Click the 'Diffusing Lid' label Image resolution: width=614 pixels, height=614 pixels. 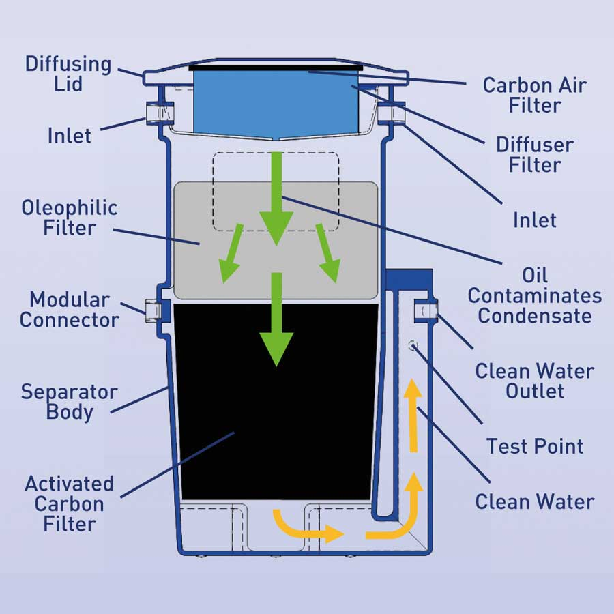(x=68, y=74)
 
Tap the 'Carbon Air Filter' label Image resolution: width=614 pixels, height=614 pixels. (x=535, y=95)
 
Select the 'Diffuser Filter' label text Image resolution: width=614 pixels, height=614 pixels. (x=534, y=154)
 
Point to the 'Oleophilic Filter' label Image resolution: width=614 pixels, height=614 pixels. (x=70, y=217)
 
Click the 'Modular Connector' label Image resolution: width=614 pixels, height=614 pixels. (x=70, y=309)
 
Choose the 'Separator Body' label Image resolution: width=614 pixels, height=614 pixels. (x=69, y=402)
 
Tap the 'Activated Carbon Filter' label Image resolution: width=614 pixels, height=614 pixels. (x=69, y=503)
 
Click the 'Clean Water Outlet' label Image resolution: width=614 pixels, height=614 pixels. (x=535, y=381)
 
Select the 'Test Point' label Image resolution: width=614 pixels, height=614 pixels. (x=535, y=446)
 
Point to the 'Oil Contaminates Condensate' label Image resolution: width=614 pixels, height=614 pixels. (x=535, y=295)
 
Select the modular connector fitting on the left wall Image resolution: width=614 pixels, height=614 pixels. (x=152, y=309)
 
